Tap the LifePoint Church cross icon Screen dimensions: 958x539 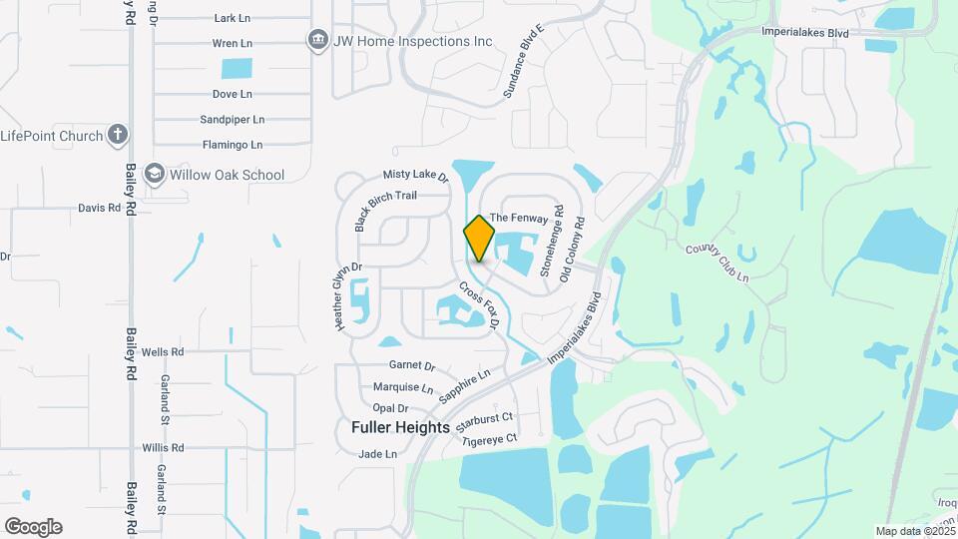pyautogui.click(x=118, y=135)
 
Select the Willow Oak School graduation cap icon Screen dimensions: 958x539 pyautogui.click(x=155, y=175)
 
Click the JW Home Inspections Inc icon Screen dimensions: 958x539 pyautogui.click(x=318, y=41)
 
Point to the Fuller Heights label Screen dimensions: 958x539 pyautogui.click(x=401, y=427)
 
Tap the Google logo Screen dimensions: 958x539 pyautogui.click(x=33, y=527)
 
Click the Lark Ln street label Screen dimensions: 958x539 pyautogui.click(x=232, y=18)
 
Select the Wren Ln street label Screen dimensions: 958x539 pyautogui.click(x=232, y=44)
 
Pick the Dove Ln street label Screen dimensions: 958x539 pyautogui.click(x=232, y=94)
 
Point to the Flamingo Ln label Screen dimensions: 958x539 pyautogui.click(x=232, y=145)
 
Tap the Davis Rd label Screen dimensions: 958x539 pyautogui.click(x=100, y=209)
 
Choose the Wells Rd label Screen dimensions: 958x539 pyautogui.click(x=163, y=352)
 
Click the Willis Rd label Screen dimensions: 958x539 pyautogui.click(x=163, y=448)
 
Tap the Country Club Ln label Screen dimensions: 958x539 pyautogui.click(x=717, y=263)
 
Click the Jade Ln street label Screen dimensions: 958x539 pyautogui.click(x=378, y=454)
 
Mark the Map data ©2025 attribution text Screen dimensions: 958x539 pyautogui.click(x=914, y=531)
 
